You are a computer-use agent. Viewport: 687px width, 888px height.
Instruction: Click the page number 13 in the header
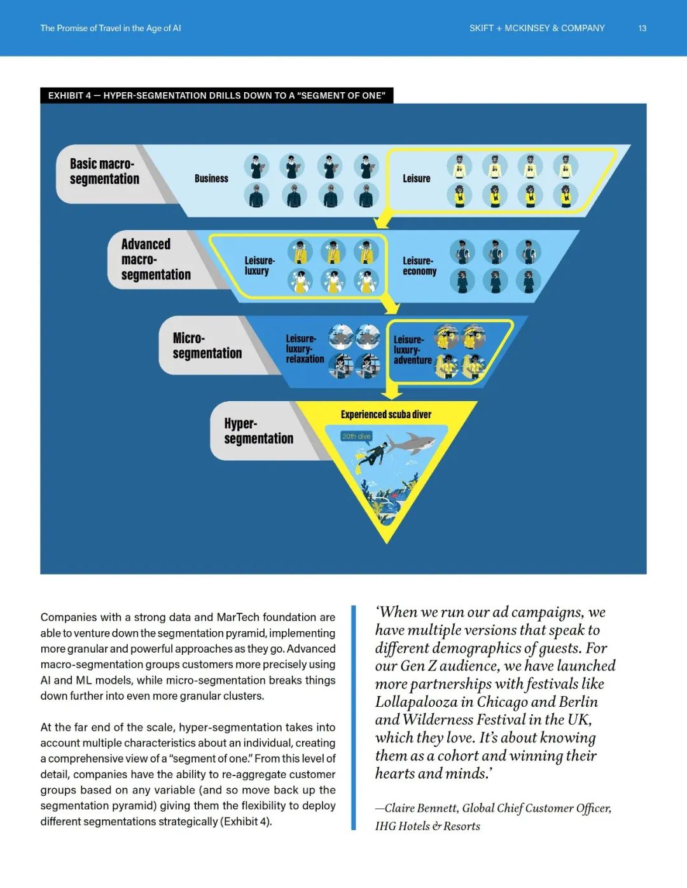coord(642,29)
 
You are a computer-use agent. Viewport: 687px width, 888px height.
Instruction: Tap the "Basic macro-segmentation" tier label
coord(104,172)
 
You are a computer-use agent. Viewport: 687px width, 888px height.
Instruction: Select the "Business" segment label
coord(211,179)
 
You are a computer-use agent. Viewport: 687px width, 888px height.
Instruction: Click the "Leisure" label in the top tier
coord(416,179)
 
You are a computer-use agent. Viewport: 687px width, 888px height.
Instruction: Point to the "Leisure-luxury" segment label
coord(259,266)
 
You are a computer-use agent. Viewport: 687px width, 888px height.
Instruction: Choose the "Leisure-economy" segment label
coord(419,266)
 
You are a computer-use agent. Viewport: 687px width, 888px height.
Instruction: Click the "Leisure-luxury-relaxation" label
coord(304,349)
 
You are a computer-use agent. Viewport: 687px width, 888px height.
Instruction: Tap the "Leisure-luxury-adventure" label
coord(412,350)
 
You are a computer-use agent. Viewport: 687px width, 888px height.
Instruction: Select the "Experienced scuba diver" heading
coord(385,414)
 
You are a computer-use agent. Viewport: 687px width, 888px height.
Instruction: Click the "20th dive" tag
coord(356,436)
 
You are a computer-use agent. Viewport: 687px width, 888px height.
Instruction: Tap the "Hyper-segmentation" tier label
coord(258,431)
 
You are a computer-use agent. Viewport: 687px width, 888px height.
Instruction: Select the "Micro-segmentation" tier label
coord(207,346)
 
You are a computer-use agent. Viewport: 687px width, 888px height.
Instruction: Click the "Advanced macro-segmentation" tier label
coord(155,259)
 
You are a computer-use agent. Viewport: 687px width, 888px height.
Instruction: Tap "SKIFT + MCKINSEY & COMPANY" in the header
coord(537,29)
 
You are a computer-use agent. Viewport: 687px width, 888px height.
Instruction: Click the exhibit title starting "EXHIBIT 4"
coord(216,95)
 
